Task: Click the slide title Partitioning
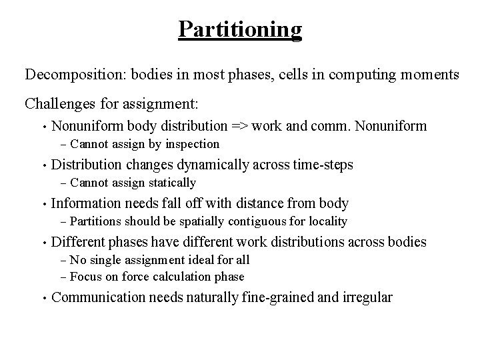[x=240, y=29]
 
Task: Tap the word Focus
[x=85, y=277]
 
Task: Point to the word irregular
[x=367, y=297]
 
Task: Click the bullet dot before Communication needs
[x=43, y=297]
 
